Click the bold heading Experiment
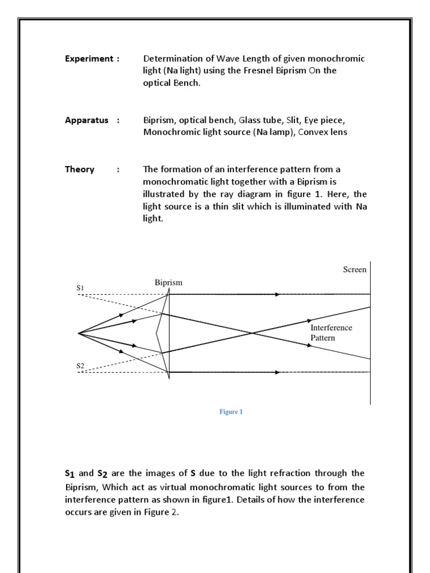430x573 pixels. [88, 59]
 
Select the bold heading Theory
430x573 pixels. [80, 169]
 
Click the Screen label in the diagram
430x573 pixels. [354, 270]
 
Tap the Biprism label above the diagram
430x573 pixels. [169, 283]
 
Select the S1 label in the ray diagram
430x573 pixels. [80, 288]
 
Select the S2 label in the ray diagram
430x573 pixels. [80, 365]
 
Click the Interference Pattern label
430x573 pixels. [331, 332]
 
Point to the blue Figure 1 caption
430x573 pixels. [231, 412]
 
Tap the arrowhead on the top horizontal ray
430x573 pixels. [277, 294]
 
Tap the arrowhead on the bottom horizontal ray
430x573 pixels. [277, 372]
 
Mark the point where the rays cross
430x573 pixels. [251, 333]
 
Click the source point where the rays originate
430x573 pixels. [78, 333]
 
